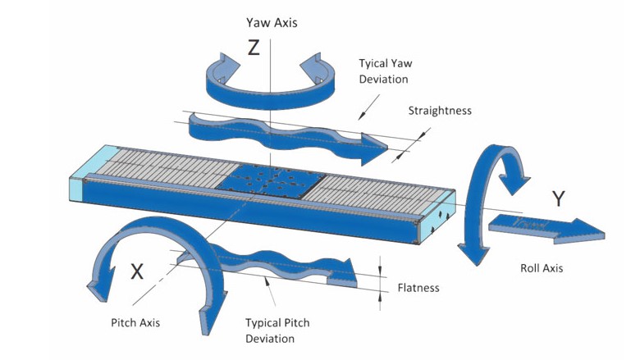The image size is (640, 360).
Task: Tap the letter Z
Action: click(254, 48)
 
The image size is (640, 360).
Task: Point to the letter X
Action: click(137, 272)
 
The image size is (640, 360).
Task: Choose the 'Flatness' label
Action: click(418, 288)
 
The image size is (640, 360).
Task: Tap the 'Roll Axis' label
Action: click(542, 268)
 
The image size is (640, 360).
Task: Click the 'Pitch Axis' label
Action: click(135, 322)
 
